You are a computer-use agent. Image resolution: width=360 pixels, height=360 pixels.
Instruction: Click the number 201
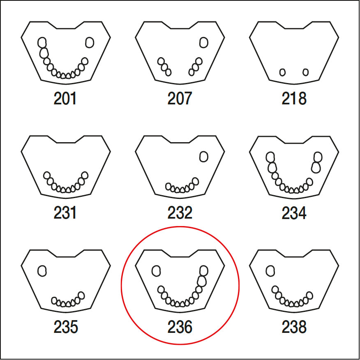[65, 99]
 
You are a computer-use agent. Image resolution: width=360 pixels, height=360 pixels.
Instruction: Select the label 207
[180, 99]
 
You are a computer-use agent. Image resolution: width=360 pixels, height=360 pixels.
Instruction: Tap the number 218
[294, 99]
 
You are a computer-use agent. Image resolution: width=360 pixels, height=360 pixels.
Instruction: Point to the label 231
[65, 213]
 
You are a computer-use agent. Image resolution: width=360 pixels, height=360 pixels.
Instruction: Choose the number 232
[180, 213]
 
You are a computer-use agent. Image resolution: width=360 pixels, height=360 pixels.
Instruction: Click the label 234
[294, 213]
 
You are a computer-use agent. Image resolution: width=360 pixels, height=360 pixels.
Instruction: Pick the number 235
[65, 327]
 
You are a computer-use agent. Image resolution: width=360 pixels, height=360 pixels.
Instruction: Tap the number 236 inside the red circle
[180, 327]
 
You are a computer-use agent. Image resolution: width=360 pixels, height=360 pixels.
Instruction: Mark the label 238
[294, 327]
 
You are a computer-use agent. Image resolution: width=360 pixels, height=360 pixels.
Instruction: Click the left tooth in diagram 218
[282, 72]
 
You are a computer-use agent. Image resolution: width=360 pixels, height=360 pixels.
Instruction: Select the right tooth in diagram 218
[305, 72]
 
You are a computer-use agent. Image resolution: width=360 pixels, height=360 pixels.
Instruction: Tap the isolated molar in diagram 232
[203, 156]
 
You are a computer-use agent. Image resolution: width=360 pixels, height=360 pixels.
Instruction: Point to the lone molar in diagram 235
[42, 270]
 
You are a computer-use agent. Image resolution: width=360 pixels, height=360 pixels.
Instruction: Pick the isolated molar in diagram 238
[270, 270]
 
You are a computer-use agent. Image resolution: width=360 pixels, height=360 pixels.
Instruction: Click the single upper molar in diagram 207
[203, 42]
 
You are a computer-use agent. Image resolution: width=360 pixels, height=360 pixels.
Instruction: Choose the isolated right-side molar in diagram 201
[90, 42]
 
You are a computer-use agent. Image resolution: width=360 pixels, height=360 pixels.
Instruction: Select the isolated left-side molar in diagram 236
[156, 270]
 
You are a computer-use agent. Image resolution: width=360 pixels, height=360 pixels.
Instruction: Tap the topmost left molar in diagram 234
[270, 157]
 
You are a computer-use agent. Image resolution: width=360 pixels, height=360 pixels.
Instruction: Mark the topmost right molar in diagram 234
[318, 157]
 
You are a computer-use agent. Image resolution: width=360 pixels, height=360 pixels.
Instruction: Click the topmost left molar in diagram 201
[42, 42]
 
